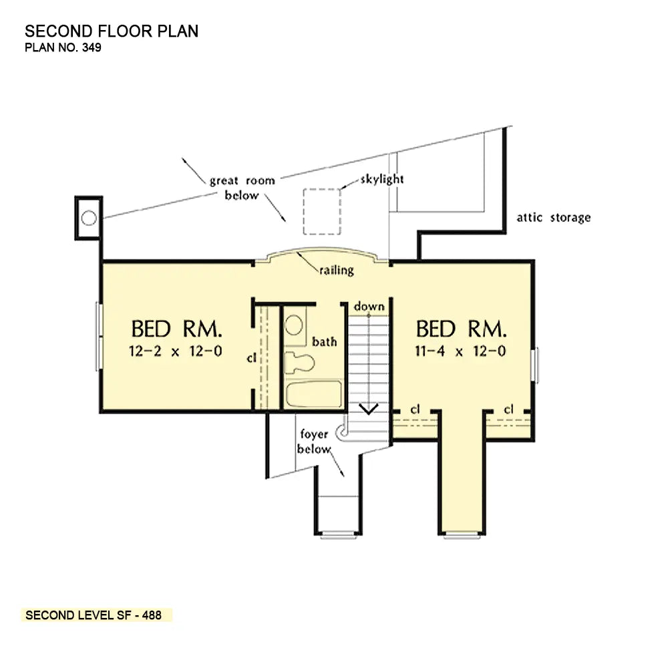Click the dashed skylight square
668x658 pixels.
pyautogui.click(x=303, y=212)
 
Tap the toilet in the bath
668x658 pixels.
pyautogui.click(x=299, y=362)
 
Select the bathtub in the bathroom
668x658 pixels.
pyautogui.click(x=314, y=394)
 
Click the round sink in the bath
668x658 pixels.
pyautogui.click(x=294, y=325)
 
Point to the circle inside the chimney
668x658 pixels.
pyautogui.click(x=89, y=218)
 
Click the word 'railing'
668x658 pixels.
pyautogui.click(x=337, y=270)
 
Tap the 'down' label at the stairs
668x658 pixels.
pyautogui.click(x=369, y=306)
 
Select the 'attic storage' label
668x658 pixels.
pyautogui.click(x=553, y=217)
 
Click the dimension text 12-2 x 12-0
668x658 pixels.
pyautogui.click(x=176, y=351)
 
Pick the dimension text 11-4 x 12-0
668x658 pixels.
pyautogui.click(x=460, y=351)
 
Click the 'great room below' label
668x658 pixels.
pyautogui.click(x=242, y=188)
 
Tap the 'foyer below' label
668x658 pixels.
pyautogui.click(x=314, y=442)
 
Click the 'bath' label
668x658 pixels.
pyautogui.click(x=324, y=342)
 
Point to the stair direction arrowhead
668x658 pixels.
pyautogui.click(x=369, y=409)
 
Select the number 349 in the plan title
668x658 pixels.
pyautogui.click(x=92, y=47)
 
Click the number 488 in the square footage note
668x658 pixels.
pyautogui.click(x=152, y=615)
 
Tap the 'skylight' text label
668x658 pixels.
pyautogui.click(x=381, y=179)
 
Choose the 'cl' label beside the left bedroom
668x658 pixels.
pyautogui.click(x=251, y=358)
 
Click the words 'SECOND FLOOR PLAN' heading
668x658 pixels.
pyautogui.click(x=112, y=31)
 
